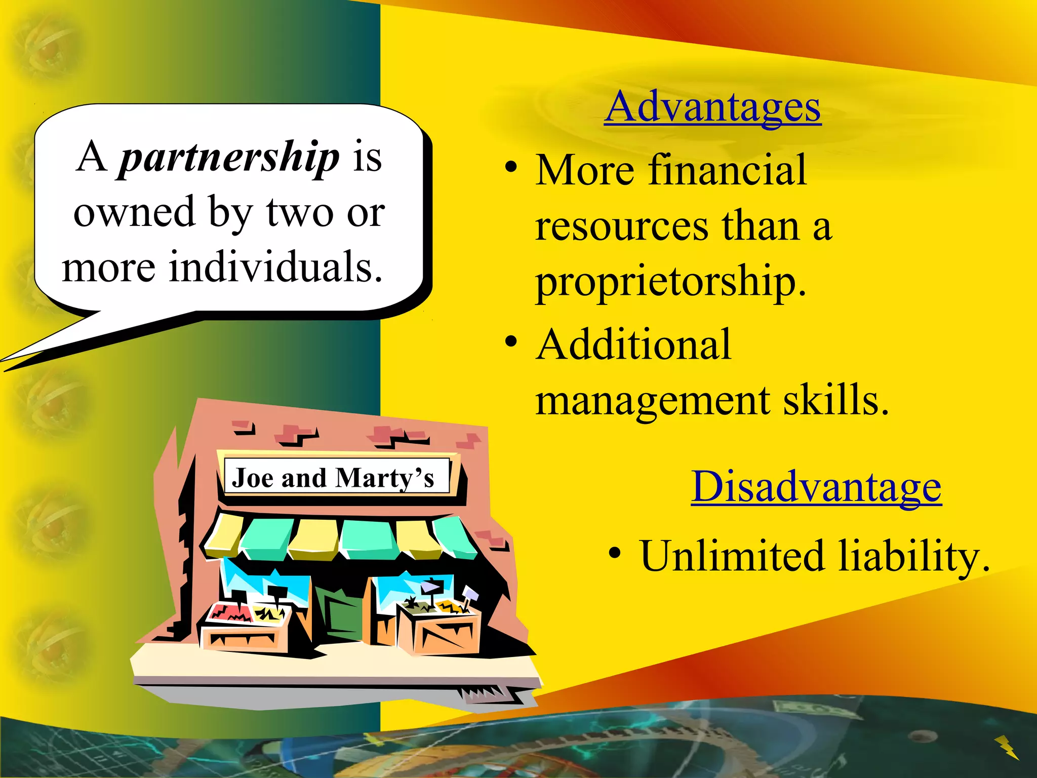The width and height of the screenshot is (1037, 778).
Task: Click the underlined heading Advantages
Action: point(712,107)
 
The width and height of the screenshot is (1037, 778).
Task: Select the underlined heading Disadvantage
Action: point(816,487)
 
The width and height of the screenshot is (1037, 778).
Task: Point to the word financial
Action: point(727,170)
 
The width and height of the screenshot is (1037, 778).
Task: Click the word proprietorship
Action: point(670,282)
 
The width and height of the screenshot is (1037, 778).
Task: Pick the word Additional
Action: point(634,345)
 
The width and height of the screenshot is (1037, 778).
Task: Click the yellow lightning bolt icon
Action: point(1007,747)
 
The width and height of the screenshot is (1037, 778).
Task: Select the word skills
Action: point(835,400)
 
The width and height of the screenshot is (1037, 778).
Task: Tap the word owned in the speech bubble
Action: point(134,212)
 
